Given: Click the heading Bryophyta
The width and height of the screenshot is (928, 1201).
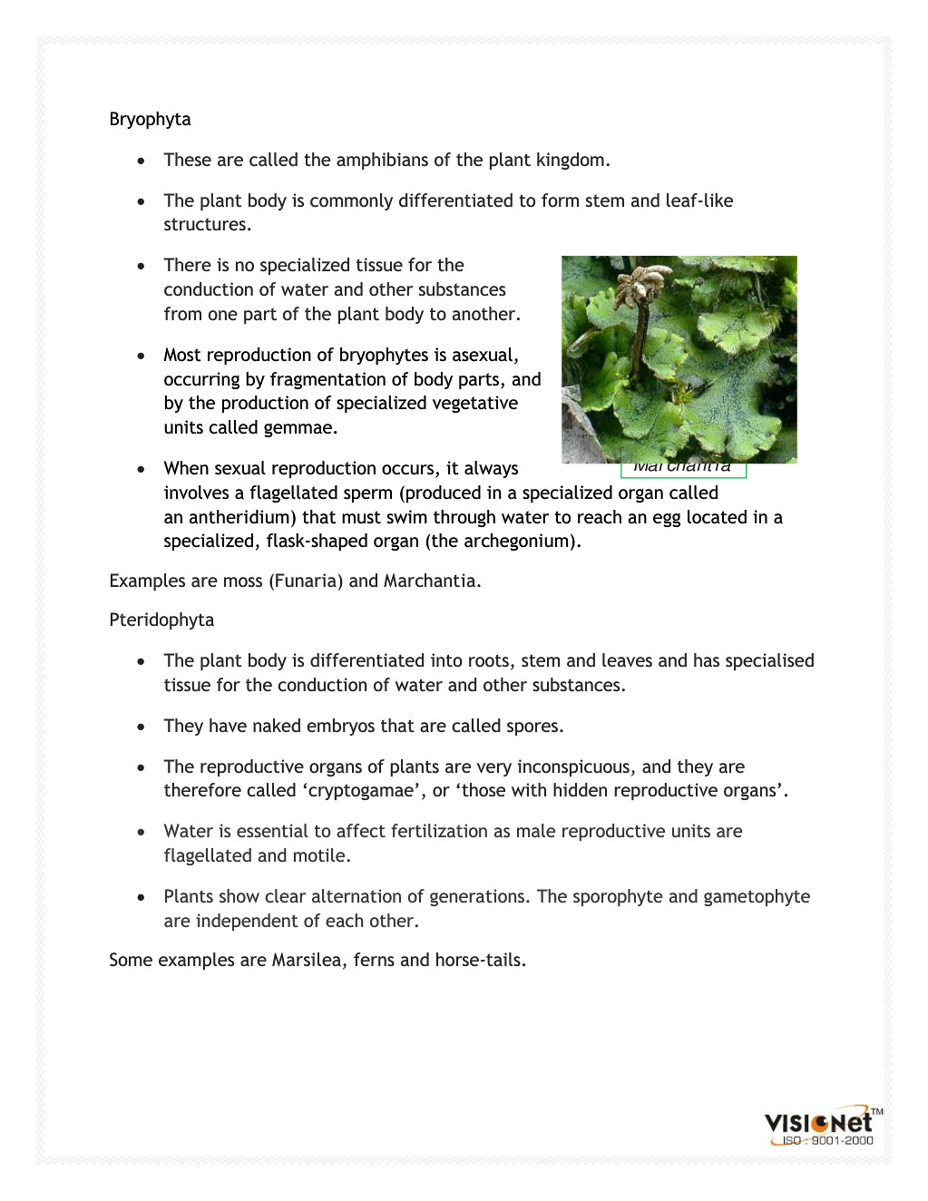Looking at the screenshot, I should [150, 120].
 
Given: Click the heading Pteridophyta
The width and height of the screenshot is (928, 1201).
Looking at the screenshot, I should [161, 620].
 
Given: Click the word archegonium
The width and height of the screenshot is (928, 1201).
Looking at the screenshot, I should [519, 542].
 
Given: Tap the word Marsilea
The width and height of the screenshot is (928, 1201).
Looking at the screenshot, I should [307, 961].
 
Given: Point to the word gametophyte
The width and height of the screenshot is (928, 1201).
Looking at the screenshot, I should [757, 897].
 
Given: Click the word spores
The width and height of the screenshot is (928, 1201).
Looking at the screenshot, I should [533, 727].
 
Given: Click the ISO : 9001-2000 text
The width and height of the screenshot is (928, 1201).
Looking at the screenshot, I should [827, 1141].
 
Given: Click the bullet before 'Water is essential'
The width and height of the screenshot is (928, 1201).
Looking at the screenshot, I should [142, 832].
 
